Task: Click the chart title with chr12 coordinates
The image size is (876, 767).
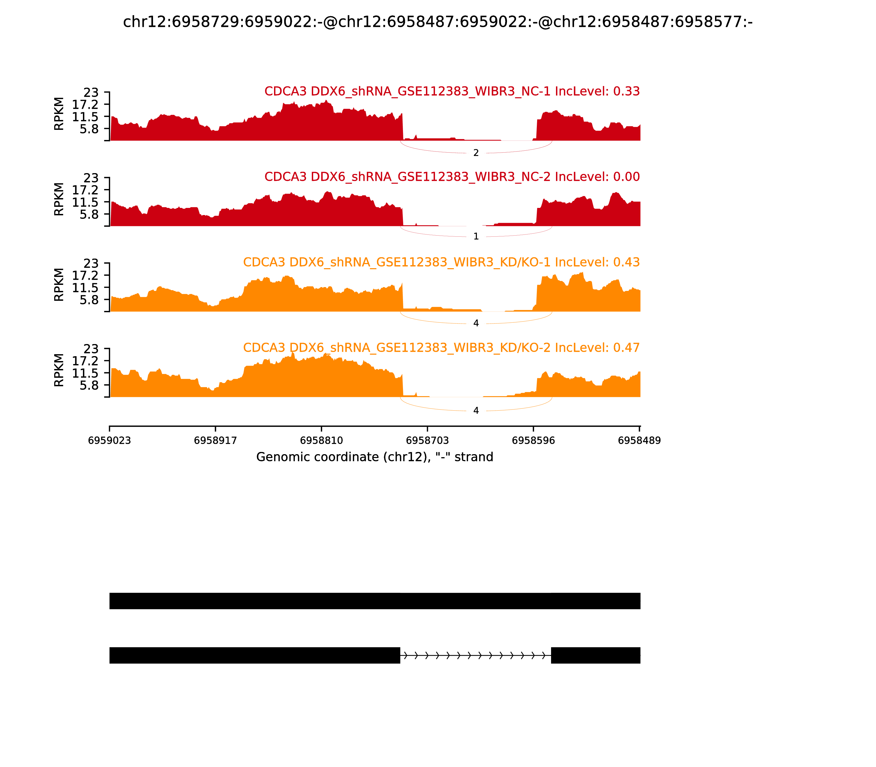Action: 437,22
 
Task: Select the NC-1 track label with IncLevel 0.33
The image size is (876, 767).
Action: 452,91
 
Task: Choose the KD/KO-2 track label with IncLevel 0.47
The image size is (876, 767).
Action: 441,348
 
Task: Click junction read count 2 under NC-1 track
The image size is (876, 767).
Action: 476,153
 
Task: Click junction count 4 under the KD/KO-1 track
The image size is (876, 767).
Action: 476,324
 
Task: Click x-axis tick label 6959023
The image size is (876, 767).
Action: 109,441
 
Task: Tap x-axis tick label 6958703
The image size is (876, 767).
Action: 427,441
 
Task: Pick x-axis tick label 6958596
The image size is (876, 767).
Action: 533,441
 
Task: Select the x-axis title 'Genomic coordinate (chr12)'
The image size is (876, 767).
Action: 375,457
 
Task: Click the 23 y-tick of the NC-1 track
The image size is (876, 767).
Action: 91,93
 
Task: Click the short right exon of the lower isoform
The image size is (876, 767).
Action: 595,655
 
